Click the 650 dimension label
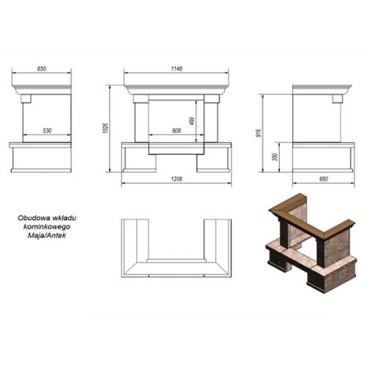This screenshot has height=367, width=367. tap(42, 69)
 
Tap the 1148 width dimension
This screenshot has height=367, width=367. tap(176, 69)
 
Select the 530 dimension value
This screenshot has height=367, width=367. tap(47, 131)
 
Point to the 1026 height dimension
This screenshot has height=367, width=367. tap(106, 128)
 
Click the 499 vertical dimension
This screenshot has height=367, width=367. tap(192, 121)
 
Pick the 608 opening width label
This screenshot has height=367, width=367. tap(176, 131)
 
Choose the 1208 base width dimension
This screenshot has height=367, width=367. tap(176, 179)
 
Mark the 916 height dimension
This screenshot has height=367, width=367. tap(259, 132)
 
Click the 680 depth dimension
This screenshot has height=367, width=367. tap(324, 179)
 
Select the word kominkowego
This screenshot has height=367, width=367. tap(47, 227)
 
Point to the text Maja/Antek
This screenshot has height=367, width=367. tap(47, 236)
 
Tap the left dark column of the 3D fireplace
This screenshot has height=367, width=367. tap(285, 233)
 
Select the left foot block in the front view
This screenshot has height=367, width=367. tap(139, 164)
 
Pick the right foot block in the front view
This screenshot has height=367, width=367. tap(213, 164)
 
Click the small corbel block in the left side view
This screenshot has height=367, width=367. tap(26, 98)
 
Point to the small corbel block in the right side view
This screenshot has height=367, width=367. tap(337, 98)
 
